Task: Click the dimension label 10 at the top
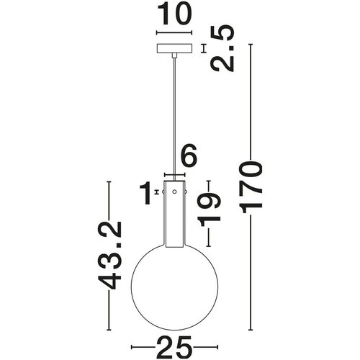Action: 174,14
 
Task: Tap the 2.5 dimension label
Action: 222,48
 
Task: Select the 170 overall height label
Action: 251,187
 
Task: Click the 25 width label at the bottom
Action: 174,347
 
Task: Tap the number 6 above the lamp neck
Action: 189,156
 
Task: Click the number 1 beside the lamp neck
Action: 145,193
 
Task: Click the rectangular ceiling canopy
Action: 174,48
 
